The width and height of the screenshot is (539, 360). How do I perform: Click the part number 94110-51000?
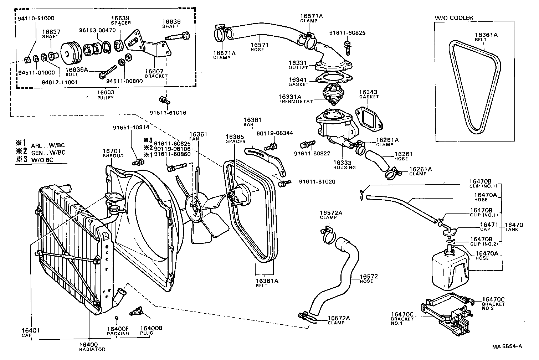(x=31, y=18)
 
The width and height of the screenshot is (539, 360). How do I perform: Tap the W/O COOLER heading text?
(x=453, y=18)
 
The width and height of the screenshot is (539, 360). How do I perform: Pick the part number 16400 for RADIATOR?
(x=88, y=344)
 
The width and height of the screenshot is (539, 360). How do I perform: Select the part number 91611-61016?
(x=168, y=113)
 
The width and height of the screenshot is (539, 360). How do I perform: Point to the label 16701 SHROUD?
(x=113, y=153)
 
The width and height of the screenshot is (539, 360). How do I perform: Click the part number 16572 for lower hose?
(x=368, y=277)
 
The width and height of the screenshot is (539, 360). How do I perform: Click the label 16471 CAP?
(x=487, y=227)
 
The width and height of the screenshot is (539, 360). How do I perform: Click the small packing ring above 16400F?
(x=117, y=318)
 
